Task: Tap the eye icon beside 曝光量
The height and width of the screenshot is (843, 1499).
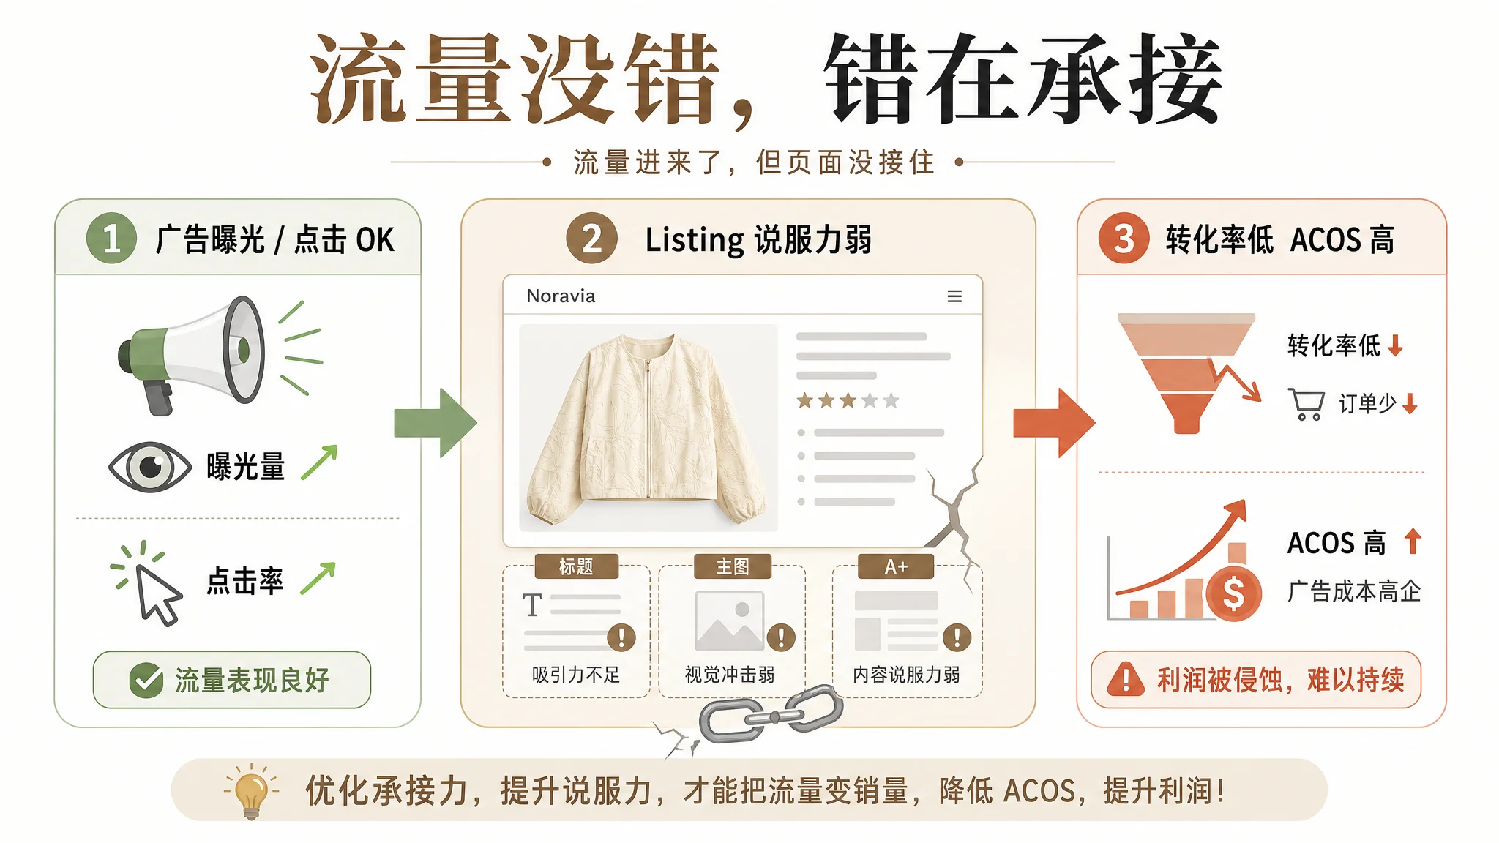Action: click(150, 467)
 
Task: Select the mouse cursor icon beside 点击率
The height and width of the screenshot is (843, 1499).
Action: click(157, 593)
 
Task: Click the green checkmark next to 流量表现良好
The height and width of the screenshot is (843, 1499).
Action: click(146, 681)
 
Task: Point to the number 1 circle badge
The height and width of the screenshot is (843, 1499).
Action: click(111, 239)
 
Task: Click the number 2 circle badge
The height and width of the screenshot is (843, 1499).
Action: click(591, 239)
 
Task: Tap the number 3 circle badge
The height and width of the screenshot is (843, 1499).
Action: click(1124, 239)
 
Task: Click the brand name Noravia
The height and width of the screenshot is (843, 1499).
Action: click(561, 296)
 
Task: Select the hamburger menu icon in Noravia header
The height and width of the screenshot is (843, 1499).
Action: click(954, 296)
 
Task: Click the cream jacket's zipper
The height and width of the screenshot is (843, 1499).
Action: click(647, 428)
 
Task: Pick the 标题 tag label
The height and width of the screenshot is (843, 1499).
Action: click(576, 566)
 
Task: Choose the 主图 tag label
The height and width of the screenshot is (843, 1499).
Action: click(732, 566)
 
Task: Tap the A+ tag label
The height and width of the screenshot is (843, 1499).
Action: click(896, 566)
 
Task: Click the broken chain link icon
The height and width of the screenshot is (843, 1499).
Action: click(771, 714)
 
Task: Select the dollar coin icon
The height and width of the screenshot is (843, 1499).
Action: click(1233, 593)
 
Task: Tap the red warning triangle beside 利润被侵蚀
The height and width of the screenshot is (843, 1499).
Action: click(1126, 679)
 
